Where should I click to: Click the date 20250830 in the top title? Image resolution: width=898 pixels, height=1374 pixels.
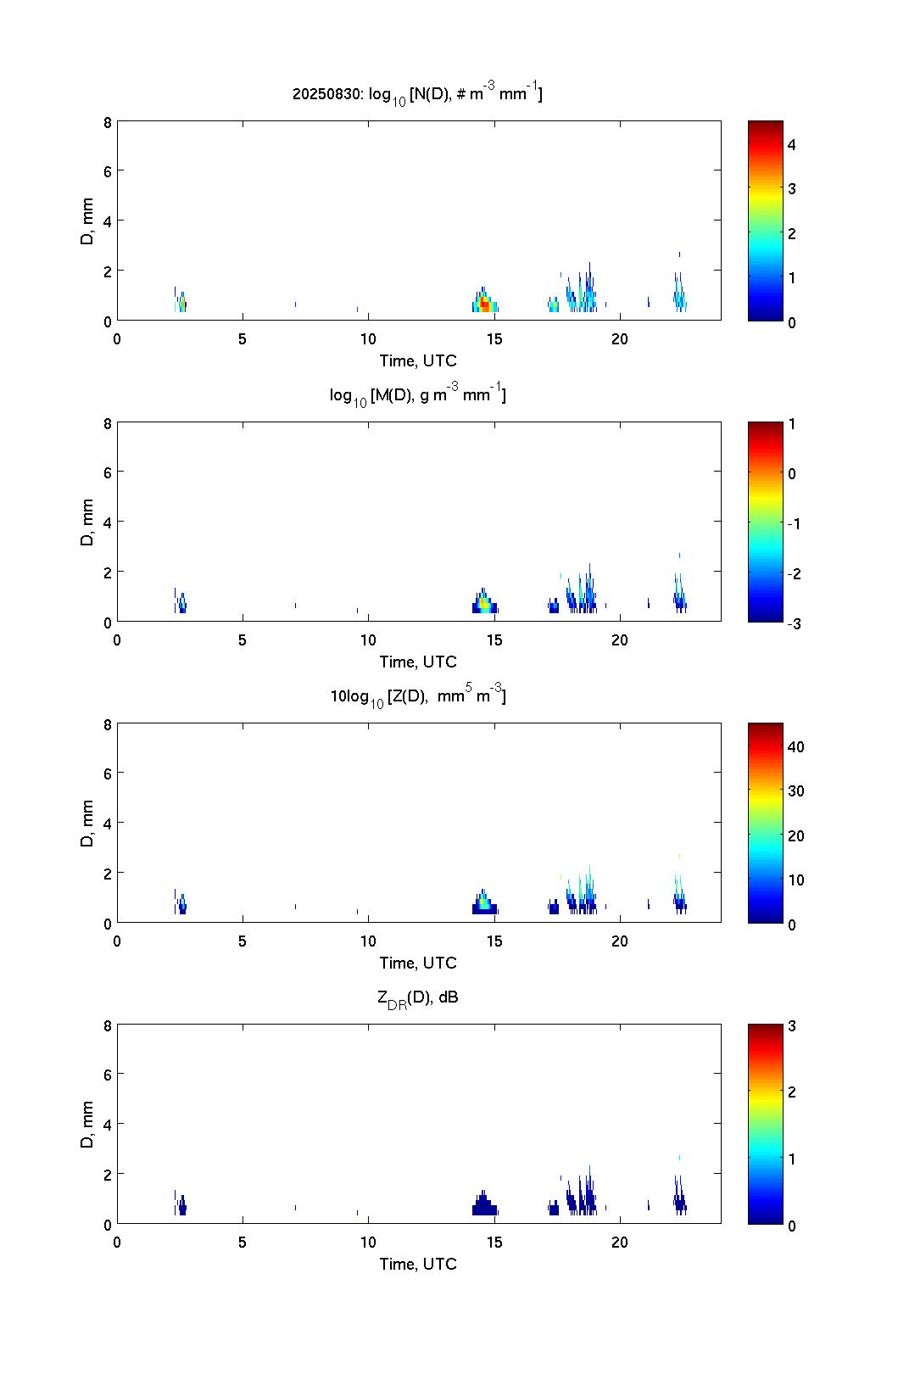click(x=327, y=94)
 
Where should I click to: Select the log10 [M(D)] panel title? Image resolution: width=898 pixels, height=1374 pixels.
click(x=417, y=395)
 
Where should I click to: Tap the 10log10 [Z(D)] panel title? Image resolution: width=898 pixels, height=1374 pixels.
click(x=417, y=696)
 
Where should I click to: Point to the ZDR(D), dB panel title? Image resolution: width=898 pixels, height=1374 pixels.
click(x=417, y=997)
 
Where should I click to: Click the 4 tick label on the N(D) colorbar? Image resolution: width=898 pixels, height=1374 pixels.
click(x=792, y=145)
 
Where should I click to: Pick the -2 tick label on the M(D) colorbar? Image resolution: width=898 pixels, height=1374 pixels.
click(x=793, y=573)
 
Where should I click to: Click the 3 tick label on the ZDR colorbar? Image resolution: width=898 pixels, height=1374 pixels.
click(x=792, y=1026)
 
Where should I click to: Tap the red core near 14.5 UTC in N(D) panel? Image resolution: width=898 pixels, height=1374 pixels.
click(x=484, y=304)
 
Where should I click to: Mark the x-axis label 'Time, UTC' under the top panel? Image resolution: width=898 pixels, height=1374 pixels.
click(x=417, y=360)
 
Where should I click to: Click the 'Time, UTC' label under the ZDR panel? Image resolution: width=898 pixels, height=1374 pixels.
click(x=417, y=1264)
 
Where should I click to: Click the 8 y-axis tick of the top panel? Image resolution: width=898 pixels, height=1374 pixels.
click(x=107, y=121)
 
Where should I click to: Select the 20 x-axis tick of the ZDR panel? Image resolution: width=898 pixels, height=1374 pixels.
click(x=620, y=1242)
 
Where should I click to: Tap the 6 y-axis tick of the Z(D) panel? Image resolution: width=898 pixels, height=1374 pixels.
click(x=107, y=773)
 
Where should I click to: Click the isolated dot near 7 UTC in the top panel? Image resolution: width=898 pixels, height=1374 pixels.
click(x=295, y=304)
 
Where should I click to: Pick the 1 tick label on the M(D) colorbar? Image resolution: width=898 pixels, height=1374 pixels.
click(x=792, y=424)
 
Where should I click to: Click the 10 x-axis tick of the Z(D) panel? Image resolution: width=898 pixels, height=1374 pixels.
click(x=368, y=941)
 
